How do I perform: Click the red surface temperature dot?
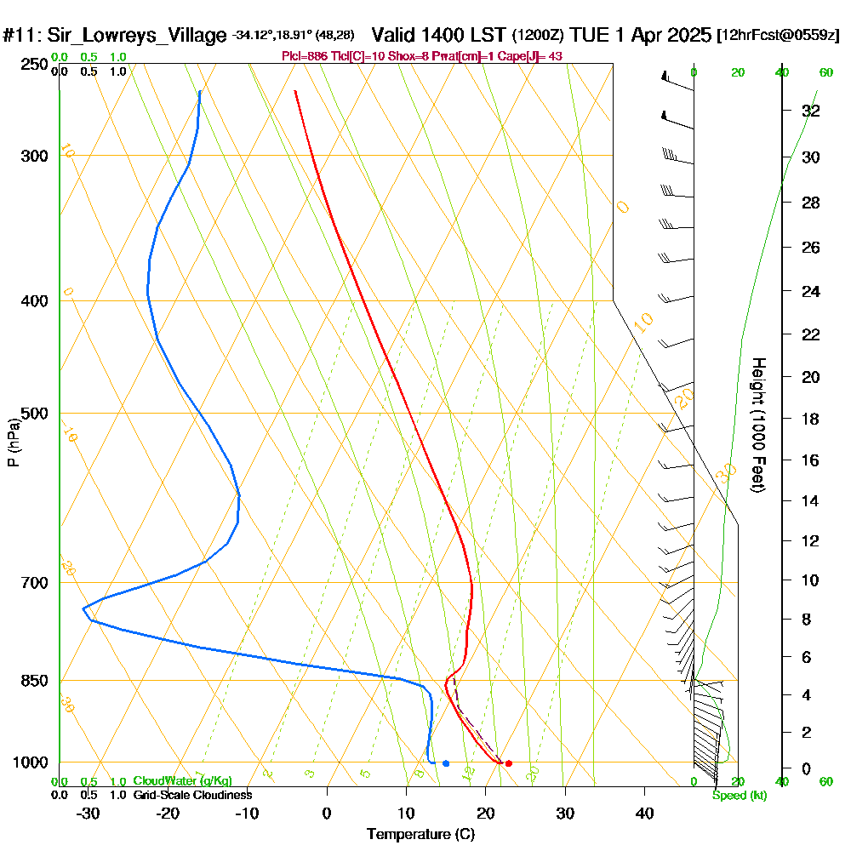pos(508,763)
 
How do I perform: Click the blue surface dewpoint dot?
pos(446,763)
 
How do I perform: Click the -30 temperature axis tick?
pos(89,814)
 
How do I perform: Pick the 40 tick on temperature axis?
pos(644,814)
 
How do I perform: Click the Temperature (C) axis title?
pos(420,835)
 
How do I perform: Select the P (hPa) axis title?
pos(13,443)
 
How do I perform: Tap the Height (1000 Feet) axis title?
pos(758,425)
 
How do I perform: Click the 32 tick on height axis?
pos(811,111)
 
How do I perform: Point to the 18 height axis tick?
pos(811,419)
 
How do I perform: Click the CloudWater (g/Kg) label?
pos(182,781)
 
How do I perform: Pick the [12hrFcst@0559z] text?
pos(779,36)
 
